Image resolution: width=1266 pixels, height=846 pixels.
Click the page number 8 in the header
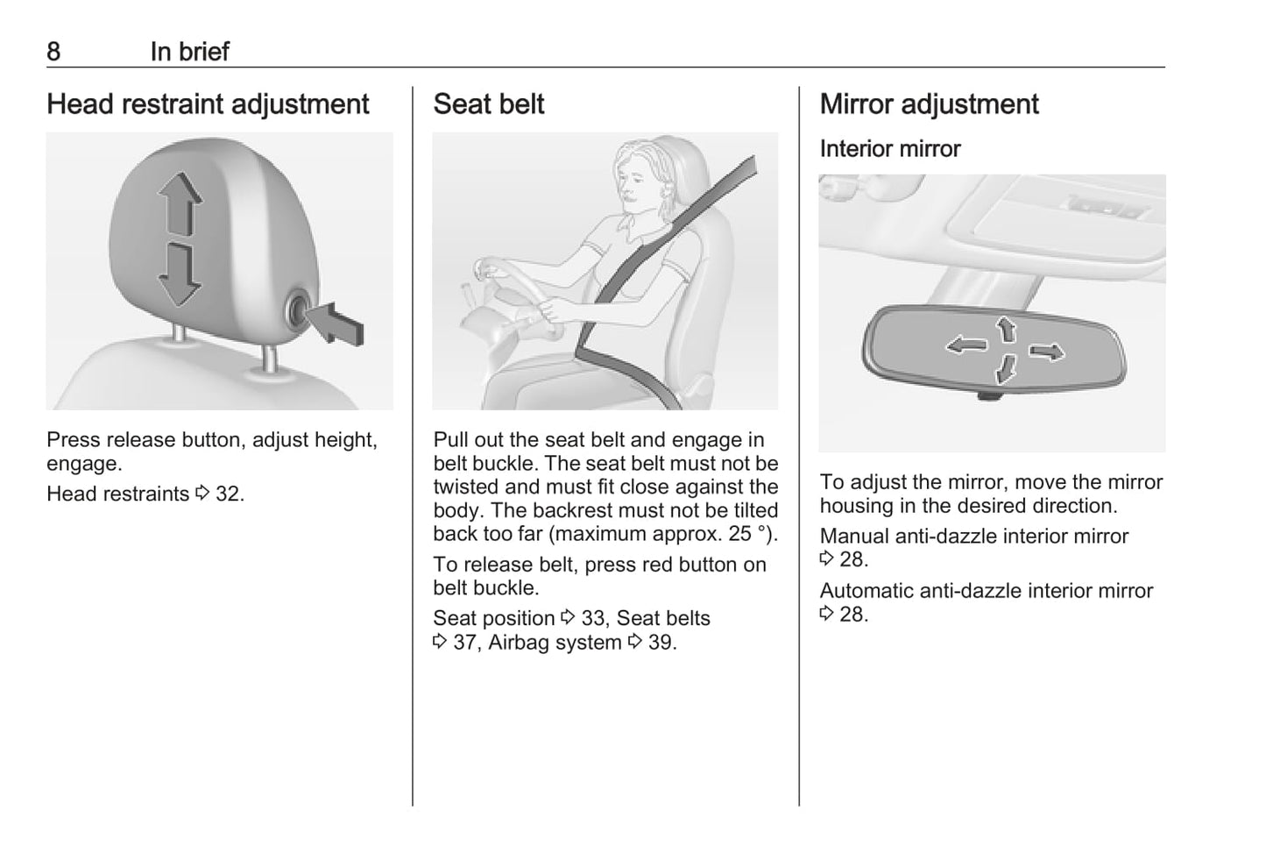[x=53, y=52]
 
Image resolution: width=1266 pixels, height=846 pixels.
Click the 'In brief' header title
[x=190, y=52]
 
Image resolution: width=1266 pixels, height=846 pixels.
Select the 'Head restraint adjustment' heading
[x=208, y=104]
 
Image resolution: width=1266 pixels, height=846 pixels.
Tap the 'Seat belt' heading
[x=488, y=104]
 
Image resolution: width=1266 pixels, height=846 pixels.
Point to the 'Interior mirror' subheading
[x=890, y=149]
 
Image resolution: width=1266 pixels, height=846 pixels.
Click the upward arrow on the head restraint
[x=180, y=203]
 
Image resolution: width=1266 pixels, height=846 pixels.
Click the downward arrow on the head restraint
[x=180, y=275]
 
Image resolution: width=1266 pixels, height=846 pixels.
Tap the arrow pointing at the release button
[x=337, y=323]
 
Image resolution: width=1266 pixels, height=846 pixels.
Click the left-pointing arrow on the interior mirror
[x=967, y=345]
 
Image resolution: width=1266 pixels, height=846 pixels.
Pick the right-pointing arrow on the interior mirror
[x=1047, y=352]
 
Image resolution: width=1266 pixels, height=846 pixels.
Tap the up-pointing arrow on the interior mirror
[x=1007, y=329]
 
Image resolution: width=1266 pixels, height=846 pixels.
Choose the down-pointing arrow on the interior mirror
[x=1006, y=369]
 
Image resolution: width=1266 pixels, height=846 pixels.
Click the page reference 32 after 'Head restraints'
[x=228, y=494]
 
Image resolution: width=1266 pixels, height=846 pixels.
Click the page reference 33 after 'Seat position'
[x=593, y=618]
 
